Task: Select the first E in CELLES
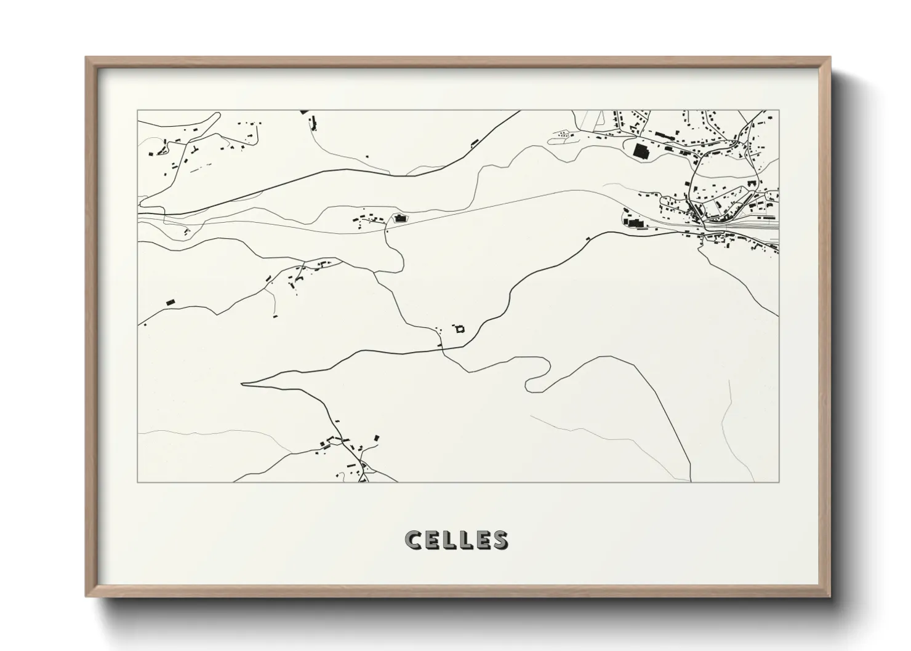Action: tap(431, 540)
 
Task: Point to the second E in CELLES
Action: tap(482, 540)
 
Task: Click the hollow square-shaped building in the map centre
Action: tap(459, 329)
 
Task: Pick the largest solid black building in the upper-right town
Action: tap(641, 151)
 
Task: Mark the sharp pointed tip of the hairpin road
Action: tap(243, 384)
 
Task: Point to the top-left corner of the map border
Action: tap(137, 111)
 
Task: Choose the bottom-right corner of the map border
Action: tap(779, 482)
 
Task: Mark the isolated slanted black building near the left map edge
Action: tap(171, 302)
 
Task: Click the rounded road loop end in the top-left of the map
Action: tap(142, 201)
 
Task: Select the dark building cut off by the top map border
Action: tap(303, 112)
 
